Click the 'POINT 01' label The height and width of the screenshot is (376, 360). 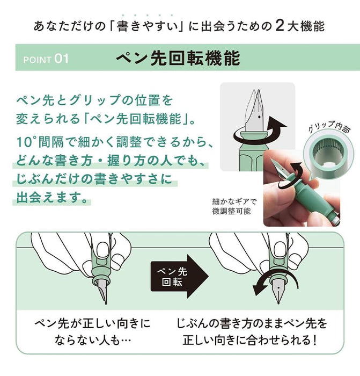coord(46,59)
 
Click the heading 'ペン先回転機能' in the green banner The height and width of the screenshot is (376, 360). coord(178,58)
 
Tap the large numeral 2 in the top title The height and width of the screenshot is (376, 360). coord(280,26)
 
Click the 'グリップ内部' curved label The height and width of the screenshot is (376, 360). coord(329,126)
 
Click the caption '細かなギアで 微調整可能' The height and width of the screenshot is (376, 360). coord(233,206)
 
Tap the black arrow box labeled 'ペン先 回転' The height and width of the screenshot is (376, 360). coord(180,277)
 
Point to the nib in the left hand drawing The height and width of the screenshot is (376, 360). coord(103,291)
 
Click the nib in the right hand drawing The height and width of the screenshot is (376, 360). coord(278,291)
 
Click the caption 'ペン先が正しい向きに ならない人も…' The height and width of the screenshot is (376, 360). coord(93,332)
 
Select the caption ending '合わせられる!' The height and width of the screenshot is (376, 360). coord(252,332)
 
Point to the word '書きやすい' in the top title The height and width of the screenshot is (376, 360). coord(148,26)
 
